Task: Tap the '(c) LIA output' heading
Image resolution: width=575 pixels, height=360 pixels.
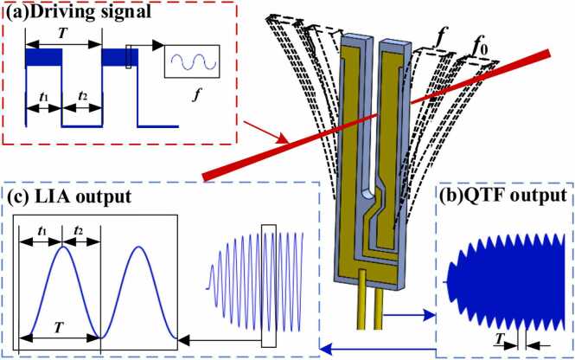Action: pos(70,196)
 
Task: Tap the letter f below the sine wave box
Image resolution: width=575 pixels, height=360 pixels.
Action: pos(192,111)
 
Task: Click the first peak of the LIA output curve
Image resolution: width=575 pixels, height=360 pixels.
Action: pos(62,249)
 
